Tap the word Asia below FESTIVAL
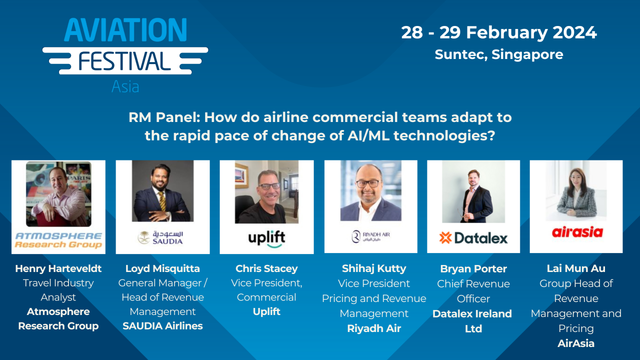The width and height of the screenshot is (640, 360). click(x=125, y=86)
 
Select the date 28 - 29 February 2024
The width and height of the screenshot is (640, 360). click(x=499, y=32)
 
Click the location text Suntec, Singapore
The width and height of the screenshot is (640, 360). click(x=499, y=54)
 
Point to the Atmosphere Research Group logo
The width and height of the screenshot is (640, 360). click(x=59, y=240)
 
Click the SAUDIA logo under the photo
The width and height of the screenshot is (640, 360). click(x=161, y=237)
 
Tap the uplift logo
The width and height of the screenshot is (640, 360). click(x=267, y=238)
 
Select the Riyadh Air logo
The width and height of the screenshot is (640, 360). click(x=371, y=236)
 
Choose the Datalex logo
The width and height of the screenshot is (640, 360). click(x=473, y=238)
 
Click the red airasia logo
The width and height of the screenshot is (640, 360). click(x=577, y=232)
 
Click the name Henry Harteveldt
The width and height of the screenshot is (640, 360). click(x=59, y=268)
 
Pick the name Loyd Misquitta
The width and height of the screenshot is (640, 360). click(x=163, y=268)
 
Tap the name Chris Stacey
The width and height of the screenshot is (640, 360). click(x=267, y=268)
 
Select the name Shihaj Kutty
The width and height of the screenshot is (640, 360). click(x=374, y=268)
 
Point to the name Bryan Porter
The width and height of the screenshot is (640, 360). click(x=473, y=269)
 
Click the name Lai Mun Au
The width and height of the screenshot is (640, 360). click(x=576, y=268)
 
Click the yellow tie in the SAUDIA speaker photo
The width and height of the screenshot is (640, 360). click(x=162, y=200)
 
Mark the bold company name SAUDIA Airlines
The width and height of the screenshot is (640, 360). click(x=163, y=326)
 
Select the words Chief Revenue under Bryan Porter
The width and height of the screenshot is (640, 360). click(x=473, y=284)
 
